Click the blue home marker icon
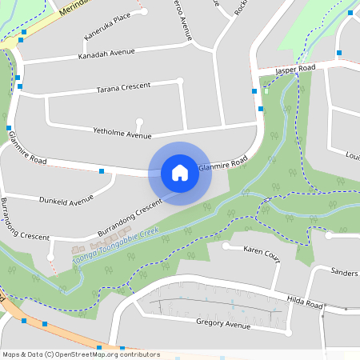(x=180, y=172)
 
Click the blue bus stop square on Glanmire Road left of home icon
(x=102, y=170)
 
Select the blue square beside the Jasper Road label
(x=339, y=53)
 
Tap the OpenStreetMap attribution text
(x=81, y=354)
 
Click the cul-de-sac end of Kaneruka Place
(x=144, y=12)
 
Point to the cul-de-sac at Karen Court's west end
(x=226, y=247)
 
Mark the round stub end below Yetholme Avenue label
(x=140, y=122)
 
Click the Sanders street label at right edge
(x=344, y=273)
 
